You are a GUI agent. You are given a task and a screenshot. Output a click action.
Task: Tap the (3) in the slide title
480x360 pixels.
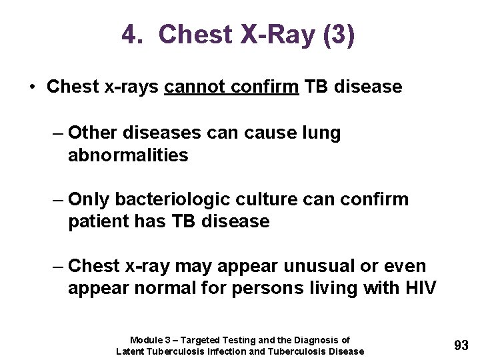(338, 35)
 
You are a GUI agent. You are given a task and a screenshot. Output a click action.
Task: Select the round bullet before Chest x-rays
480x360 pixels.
(32, 87)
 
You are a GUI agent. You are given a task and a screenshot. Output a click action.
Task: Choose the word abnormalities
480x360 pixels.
(128, 156)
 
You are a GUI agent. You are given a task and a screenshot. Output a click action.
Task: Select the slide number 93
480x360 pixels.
(461, 345)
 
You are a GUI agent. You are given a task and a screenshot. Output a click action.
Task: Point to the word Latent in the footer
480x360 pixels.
(131, 351)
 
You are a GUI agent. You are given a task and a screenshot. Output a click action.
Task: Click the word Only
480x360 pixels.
(90, 199)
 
